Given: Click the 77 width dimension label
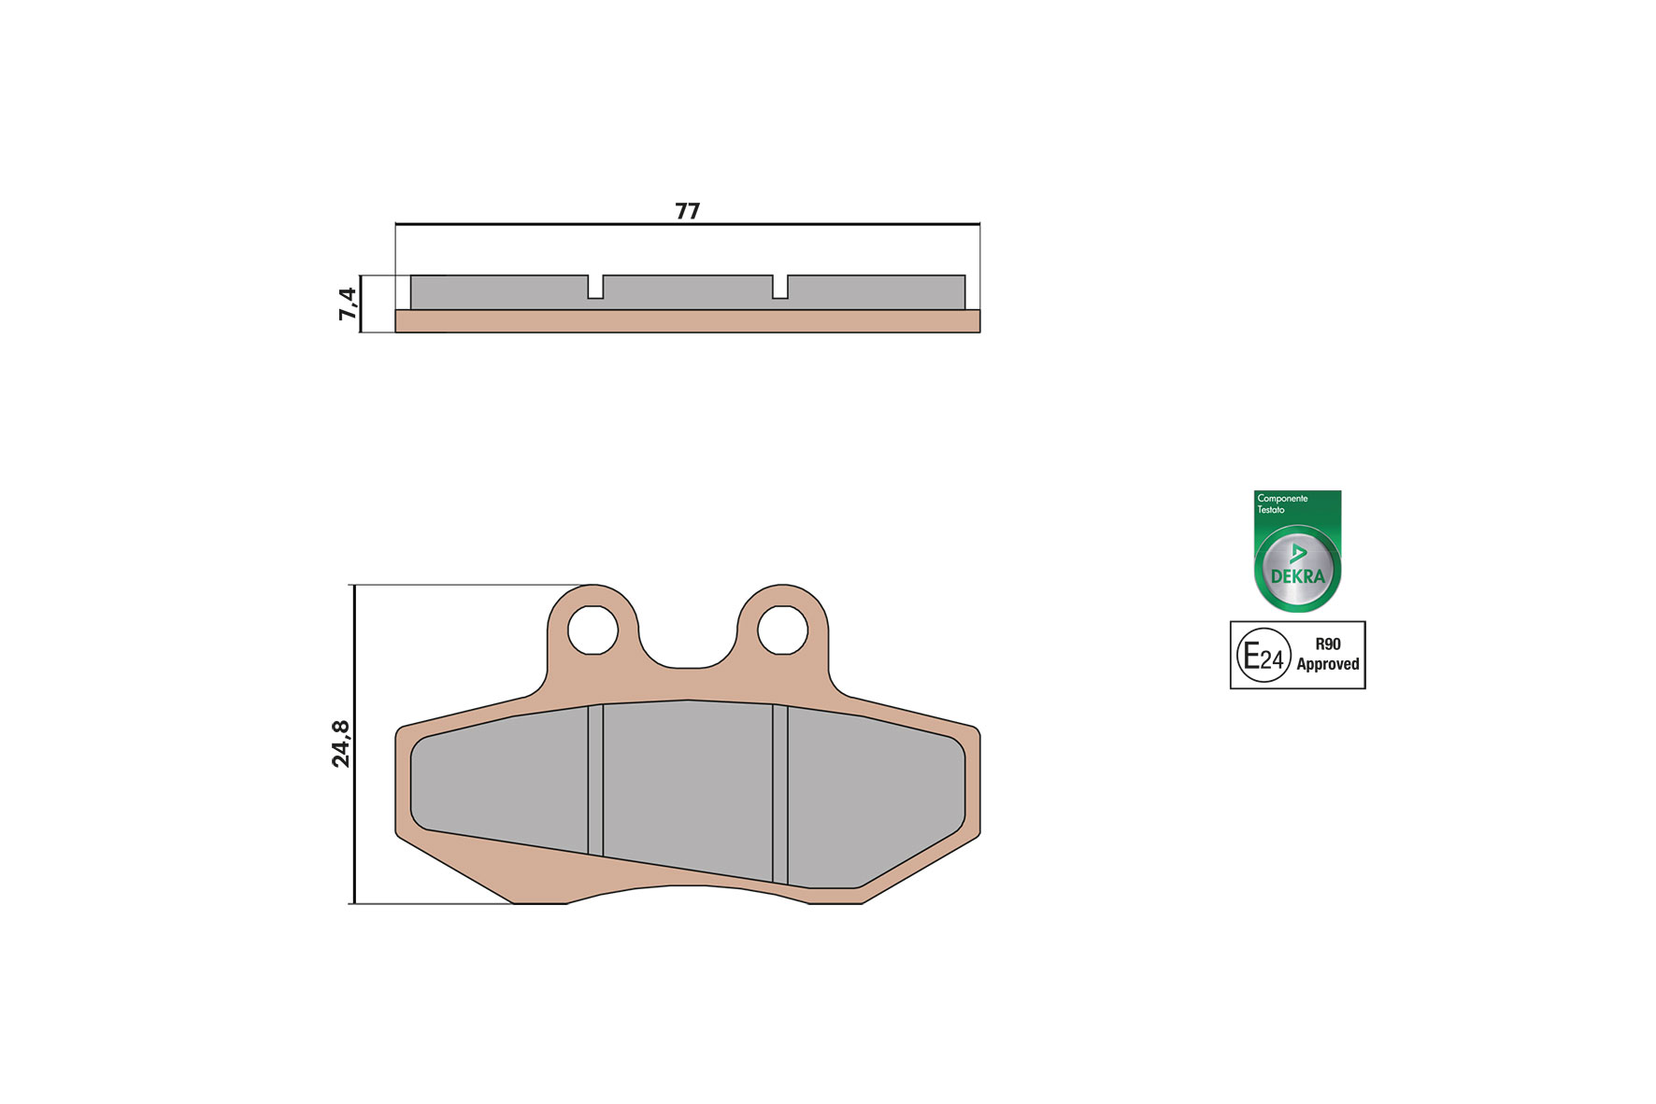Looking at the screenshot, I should (687, 211).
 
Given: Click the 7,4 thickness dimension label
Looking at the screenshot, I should (347, 304).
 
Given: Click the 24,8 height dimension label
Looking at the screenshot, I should (341, 743).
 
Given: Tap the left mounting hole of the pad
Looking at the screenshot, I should (592, 630).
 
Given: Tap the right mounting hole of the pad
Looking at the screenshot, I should (782, 630).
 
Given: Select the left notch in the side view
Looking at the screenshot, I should (595, 288).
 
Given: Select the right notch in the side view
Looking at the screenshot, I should (780, 288).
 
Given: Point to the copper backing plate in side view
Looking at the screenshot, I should (687, 321).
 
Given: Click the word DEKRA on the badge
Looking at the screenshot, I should (1297, 576).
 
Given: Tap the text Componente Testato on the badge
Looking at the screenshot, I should (1281, 503).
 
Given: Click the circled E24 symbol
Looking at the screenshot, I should (1263, 656).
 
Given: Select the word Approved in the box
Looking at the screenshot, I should (1327, 665).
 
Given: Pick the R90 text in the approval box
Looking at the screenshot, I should (1327, 644).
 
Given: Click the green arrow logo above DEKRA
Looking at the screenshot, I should (1297, 553).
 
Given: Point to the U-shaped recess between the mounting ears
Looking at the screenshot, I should (687, 654).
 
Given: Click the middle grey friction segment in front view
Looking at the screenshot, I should (687, 785).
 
